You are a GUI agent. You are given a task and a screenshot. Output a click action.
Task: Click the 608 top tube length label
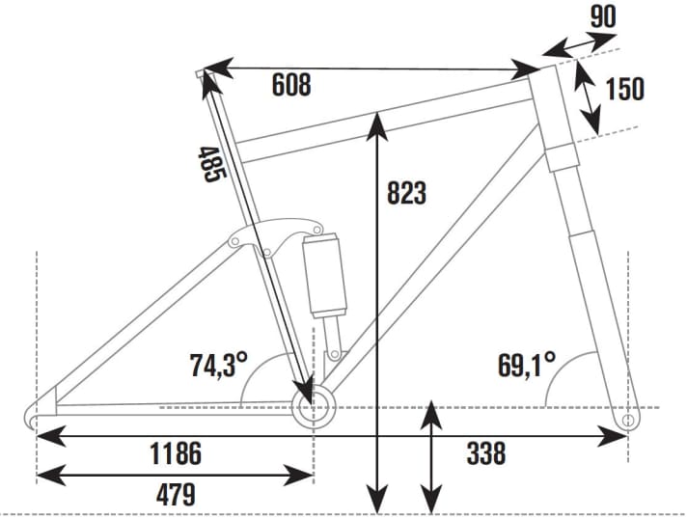(290, 85)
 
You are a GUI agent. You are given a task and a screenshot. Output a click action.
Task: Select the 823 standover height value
(406, 193)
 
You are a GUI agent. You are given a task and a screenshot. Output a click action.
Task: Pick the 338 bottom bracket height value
(485, 452)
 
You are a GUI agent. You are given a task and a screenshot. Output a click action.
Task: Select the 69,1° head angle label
(526, 365)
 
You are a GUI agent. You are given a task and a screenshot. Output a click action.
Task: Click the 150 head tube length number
(624, 89)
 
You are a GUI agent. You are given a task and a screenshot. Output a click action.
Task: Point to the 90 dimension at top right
(601, 15)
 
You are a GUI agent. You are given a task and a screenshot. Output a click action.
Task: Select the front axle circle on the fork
(628, 422)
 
